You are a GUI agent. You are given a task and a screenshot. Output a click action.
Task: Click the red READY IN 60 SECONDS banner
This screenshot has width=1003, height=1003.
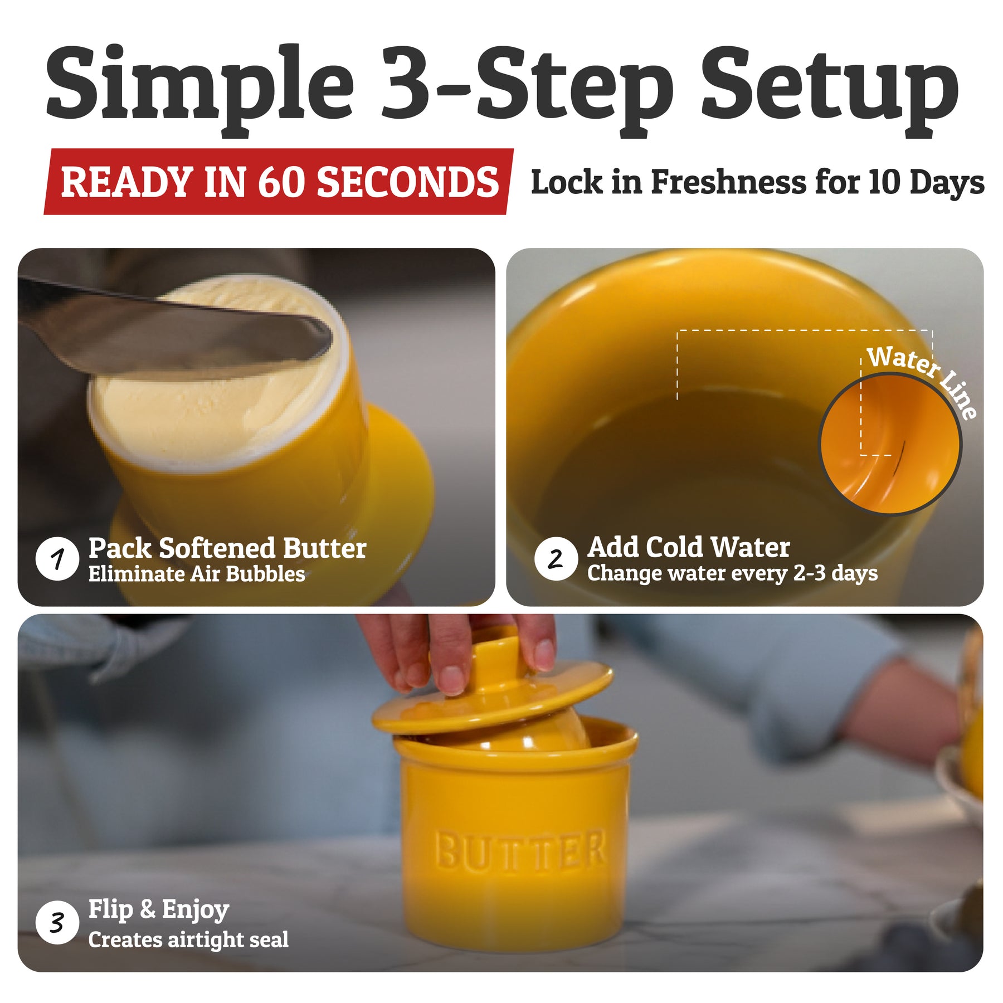(279, 182)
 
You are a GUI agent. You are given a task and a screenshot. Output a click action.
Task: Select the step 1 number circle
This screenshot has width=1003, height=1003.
(57, 558)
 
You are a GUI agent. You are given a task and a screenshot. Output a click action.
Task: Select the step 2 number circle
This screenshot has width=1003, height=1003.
(556, 558)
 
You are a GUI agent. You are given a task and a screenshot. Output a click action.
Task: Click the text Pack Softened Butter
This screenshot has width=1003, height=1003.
(227, 548)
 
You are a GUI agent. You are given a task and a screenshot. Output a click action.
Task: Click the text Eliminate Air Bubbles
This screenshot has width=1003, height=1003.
(197, 574)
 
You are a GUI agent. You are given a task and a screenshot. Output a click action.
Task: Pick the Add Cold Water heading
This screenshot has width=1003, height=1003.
(689, 547)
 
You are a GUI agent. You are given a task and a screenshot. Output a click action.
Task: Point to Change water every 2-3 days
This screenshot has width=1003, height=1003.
(732, 573)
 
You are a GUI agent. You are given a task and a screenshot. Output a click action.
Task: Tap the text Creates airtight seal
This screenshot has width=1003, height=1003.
(188, 940)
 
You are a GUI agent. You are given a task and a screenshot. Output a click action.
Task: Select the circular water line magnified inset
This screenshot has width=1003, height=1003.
(890, 444)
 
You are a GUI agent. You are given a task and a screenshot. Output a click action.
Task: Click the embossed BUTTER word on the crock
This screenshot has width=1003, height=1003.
(520, 850)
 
